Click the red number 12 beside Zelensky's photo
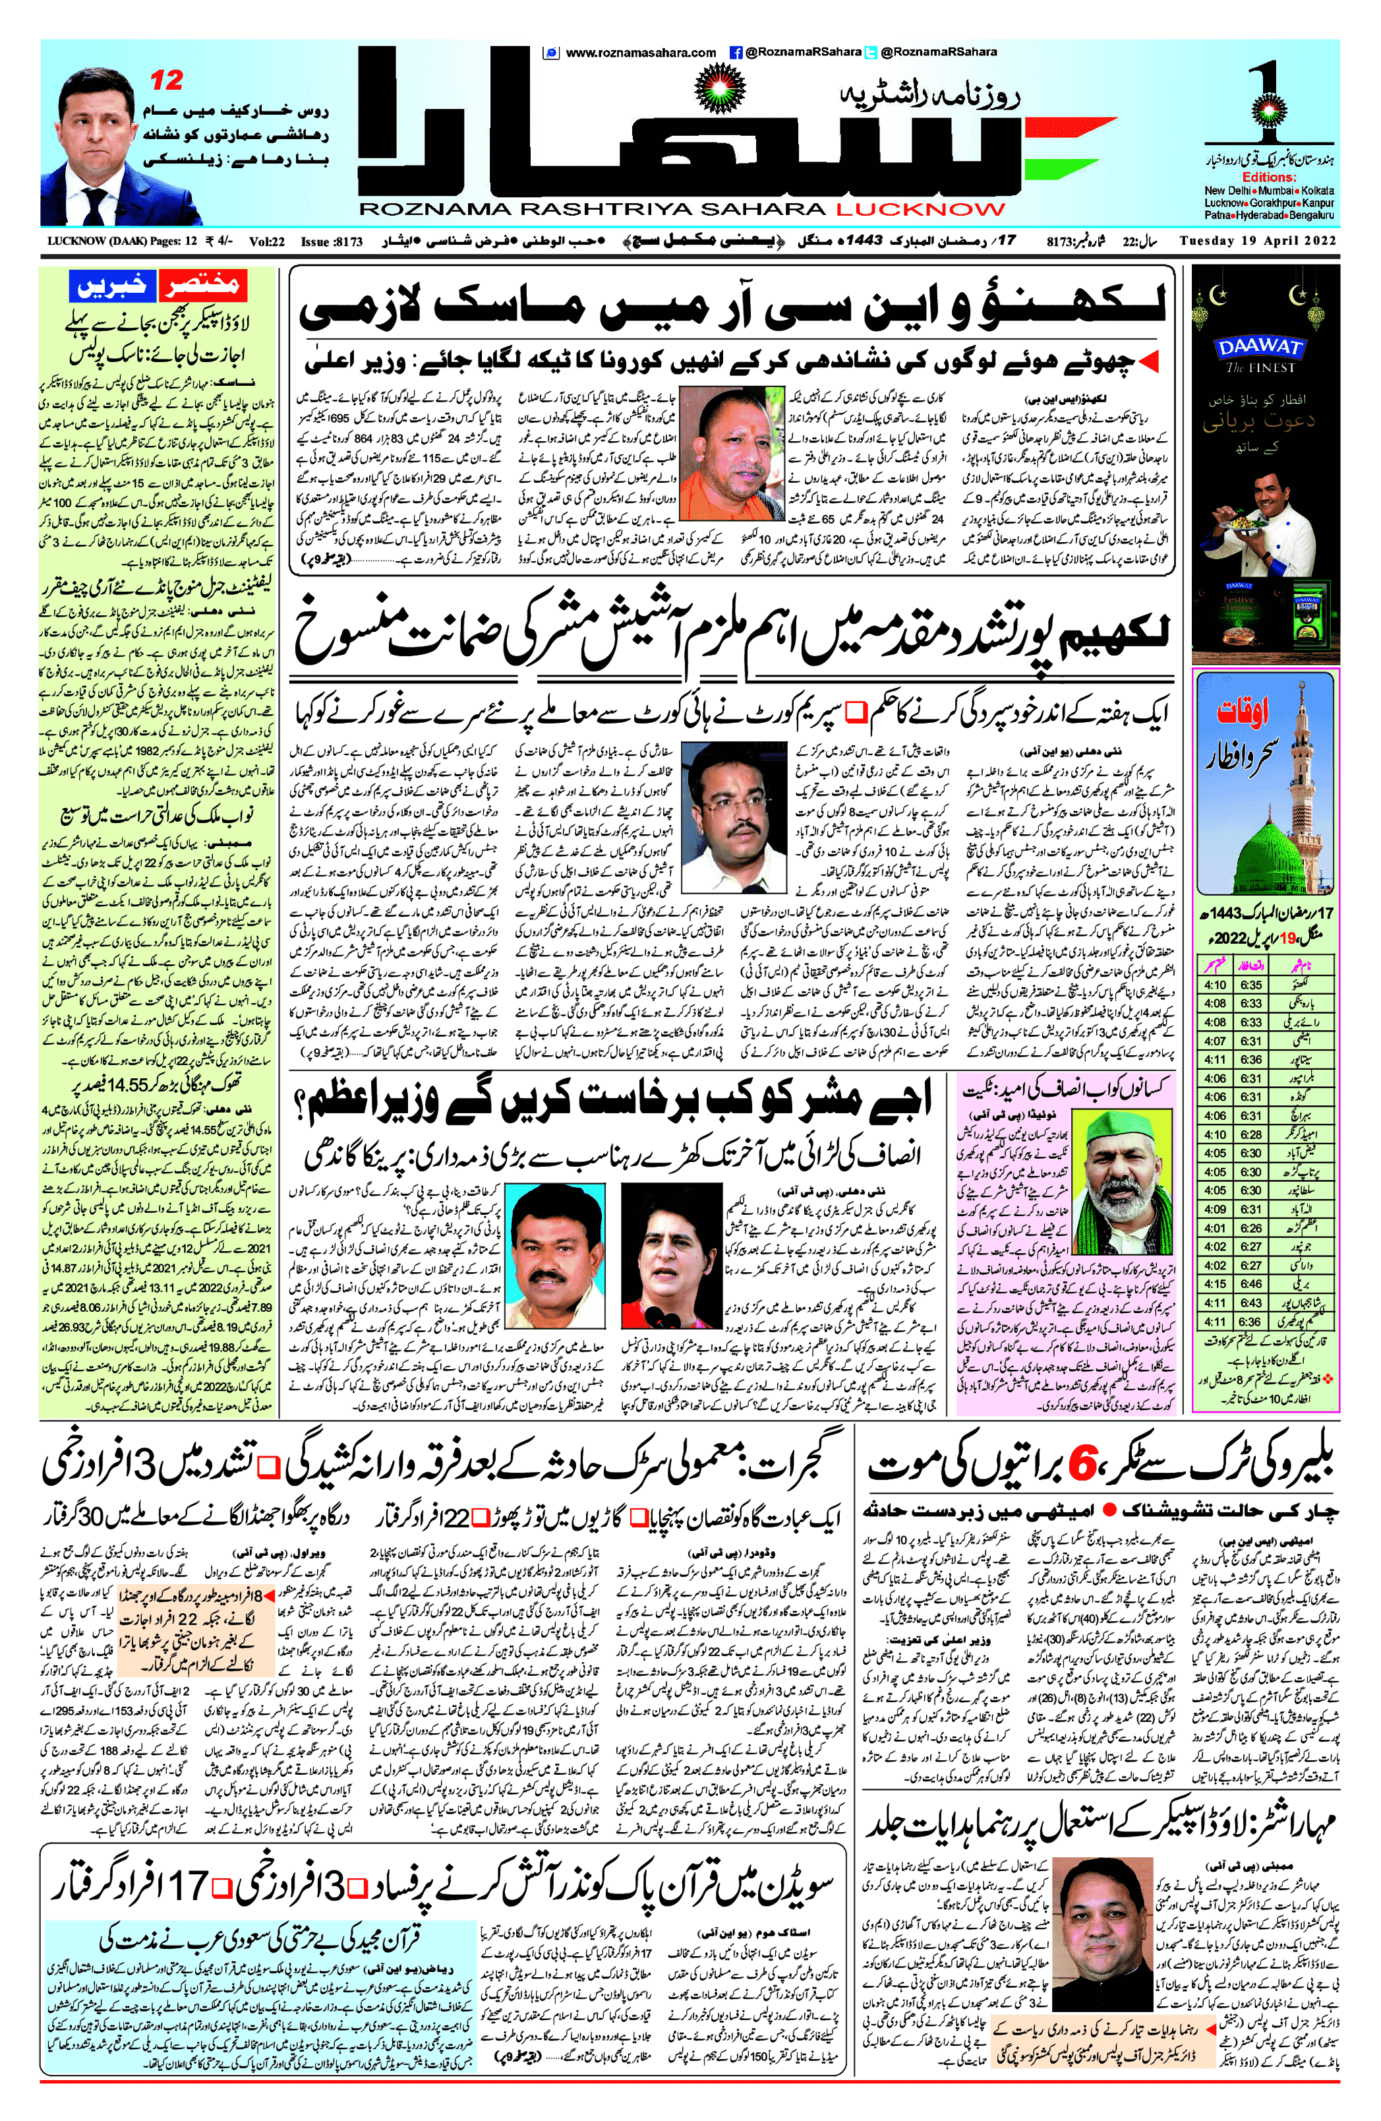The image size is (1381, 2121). (x=167, y=81)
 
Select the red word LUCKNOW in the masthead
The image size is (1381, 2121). (x=920, y=210)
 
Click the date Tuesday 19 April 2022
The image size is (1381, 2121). (x=1257, y=241)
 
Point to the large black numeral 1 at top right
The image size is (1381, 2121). (x=1270, y=96)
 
